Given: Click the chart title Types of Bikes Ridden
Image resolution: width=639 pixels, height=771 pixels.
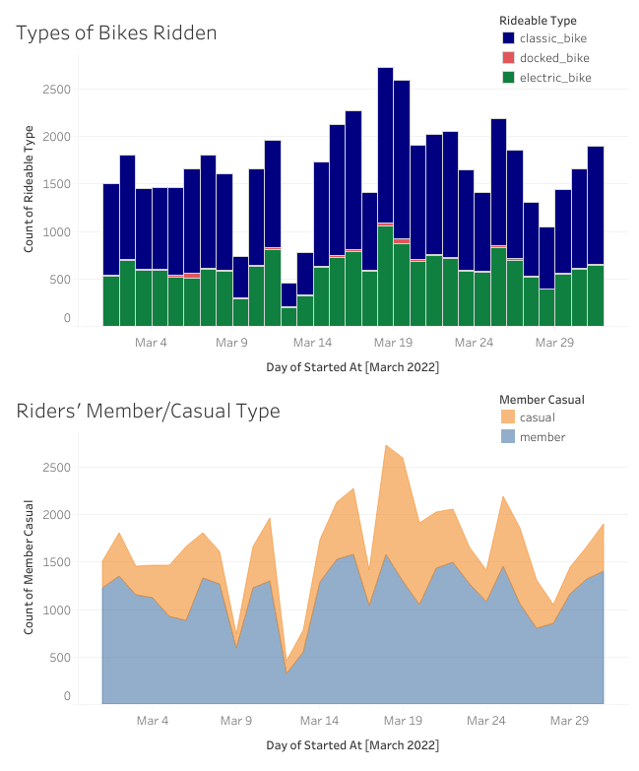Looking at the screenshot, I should click(116, 32).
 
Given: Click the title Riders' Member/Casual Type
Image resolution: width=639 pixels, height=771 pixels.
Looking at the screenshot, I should click(148, 411).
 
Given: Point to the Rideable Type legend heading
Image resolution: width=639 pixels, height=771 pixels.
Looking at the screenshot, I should click(538, 20).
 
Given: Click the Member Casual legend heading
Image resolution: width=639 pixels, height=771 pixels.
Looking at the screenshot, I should click(542, 400).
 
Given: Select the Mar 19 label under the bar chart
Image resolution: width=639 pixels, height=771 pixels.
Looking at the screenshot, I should click(393, 343).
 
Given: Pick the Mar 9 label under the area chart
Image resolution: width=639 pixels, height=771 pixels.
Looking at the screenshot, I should click(235, 721).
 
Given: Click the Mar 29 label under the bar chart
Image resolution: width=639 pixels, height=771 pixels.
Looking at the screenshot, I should click(554, 343).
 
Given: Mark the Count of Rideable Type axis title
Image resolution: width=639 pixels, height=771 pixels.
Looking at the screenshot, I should click(29, 188).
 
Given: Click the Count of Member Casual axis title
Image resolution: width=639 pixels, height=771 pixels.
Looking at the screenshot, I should click(29, 566).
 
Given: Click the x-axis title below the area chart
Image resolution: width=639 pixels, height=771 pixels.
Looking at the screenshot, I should click(351, 745).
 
